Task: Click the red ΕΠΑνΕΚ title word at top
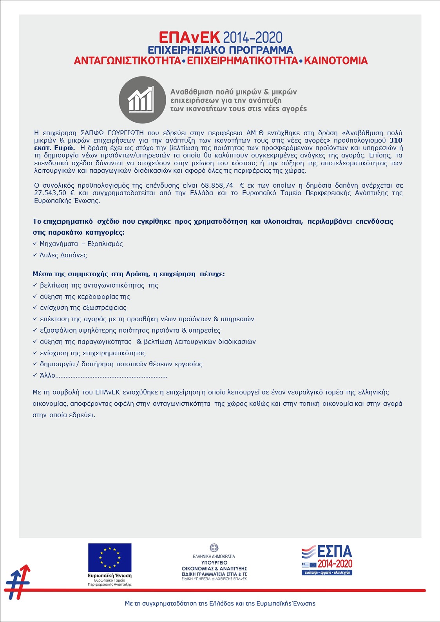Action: coord(189,38)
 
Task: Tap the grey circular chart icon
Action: coord(142,100)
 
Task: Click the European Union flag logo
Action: coord(110,558)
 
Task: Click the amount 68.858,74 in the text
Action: coord(217,185)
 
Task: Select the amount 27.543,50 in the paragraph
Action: coord(50,193)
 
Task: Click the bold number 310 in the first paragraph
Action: coord(396,140)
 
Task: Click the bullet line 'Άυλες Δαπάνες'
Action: coord(63,255)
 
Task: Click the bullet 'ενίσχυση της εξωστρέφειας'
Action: coord(83,308)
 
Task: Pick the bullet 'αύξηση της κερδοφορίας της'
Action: coord(85,297)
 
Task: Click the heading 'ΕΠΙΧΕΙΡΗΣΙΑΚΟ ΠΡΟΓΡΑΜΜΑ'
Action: coord(220,50)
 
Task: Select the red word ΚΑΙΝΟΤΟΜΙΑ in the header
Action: coord(336,61)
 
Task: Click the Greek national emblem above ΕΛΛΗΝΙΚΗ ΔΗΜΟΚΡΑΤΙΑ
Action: coord(214,548)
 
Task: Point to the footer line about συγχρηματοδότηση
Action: coord(220,603)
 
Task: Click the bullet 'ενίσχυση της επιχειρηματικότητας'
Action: coord(92,353)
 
